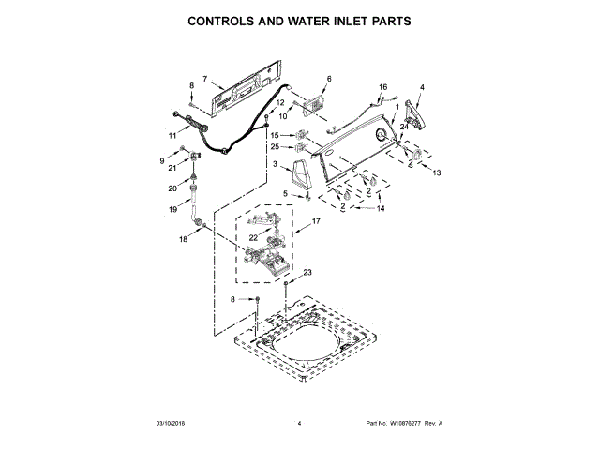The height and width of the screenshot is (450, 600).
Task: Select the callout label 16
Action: tap(382, 87)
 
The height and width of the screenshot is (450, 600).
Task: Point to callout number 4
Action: tap(422, 87)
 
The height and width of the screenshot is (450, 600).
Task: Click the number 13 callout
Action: tap(436, 172)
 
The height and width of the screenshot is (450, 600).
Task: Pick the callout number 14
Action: tap(380, 210)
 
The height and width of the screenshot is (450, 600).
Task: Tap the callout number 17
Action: tap(317, 221)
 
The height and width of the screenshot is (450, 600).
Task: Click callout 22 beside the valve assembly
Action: tap(252, 238)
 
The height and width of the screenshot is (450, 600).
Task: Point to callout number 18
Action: tap(184, 240)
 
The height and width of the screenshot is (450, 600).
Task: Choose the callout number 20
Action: tap(172, 187)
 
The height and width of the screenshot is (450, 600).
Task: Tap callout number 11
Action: tap(172, 136)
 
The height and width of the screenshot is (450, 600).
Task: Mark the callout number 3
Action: tap(275, 164)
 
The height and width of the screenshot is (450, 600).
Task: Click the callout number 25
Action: tap(276, 146)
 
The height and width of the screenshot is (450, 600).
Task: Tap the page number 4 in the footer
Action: tap(299, 425)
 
